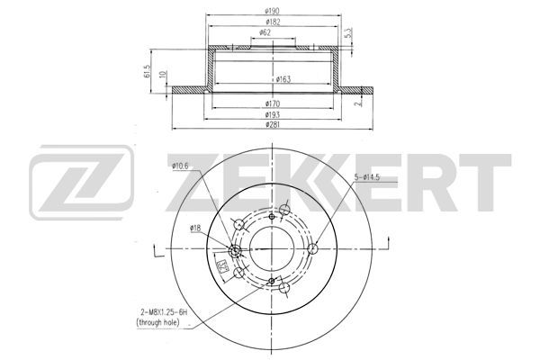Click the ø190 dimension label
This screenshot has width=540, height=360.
point(272,11)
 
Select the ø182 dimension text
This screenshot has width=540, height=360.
point(273,22)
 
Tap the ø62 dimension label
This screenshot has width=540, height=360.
point(265,32)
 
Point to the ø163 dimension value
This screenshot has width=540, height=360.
point(283,79)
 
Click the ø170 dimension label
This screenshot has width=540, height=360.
point(273,103)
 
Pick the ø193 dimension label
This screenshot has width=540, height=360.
point(273,114)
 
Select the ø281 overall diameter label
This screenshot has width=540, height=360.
point(273,124)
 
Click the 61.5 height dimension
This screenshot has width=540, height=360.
point(148,71)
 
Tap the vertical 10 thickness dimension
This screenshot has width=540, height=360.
point(164,74)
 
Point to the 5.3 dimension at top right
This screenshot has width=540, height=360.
point(348,33)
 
